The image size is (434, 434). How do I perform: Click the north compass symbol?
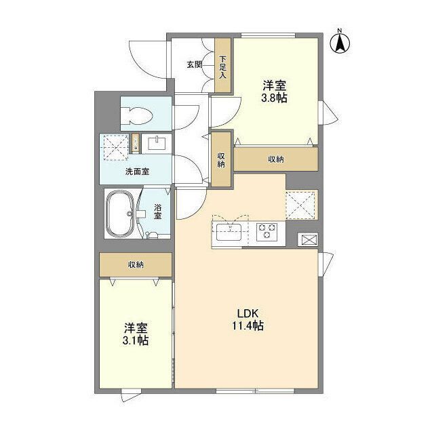click(339, 42)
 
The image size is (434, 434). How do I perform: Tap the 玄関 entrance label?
click(194, 64)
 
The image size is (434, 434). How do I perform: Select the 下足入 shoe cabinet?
click(223, 64)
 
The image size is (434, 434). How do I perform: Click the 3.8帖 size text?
click(275, 98)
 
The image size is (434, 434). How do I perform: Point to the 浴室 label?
click(157, 211)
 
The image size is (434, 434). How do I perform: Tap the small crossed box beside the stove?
click(307, 239)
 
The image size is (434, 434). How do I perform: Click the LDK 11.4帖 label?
click(249, 319)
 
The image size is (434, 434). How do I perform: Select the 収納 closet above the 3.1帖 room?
click(135, 264)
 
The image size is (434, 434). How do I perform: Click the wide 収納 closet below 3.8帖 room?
click(275, 159)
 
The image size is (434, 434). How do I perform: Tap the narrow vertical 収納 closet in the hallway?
click(221, 160)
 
